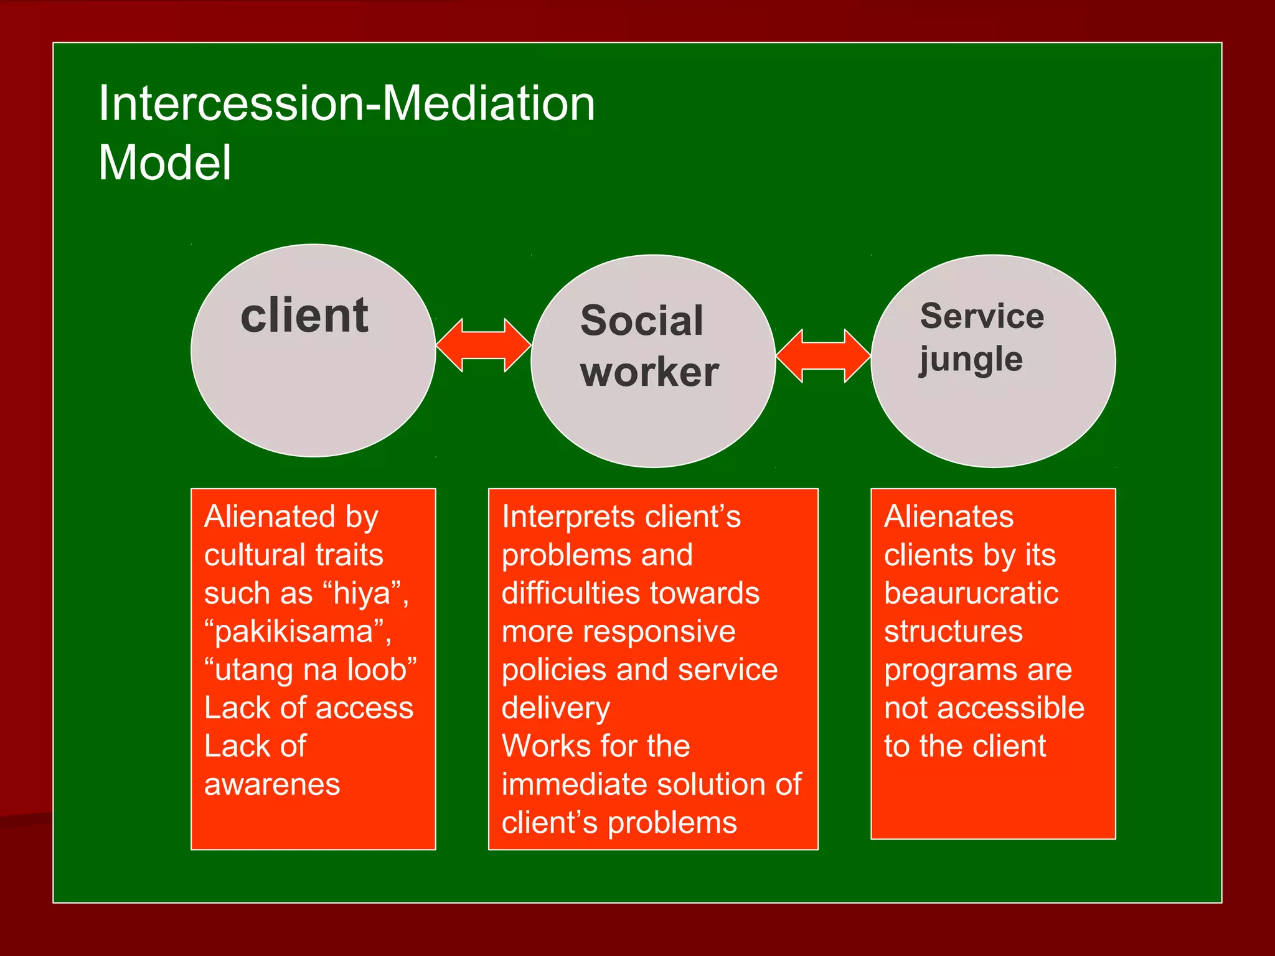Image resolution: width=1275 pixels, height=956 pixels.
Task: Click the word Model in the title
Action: point(165,163)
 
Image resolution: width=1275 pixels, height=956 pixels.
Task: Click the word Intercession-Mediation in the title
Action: point(347,103)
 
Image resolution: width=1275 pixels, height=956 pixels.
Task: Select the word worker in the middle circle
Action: point(649,372)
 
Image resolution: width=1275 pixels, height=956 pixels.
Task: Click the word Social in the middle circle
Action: point(641,321)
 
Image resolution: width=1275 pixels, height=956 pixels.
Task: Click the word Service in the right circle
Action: point(982,316)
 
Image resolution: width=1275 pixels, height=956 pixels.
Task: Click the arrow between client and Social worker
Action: point(483,345)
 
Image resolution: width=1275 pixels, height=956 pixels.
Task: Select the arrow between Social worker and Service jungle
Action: point(823,356)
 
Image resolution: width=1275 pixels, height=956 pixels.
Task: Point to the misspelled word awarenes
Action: point(272,785)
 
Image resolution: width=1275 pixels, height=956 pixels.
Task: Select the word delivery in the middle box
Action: point(556,708)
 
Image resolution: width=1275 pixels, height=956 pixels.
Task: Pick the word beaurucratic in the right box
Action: point(971,593)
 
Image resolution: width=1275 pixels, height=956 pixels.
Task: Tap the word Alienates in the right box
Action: point(949,517)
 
